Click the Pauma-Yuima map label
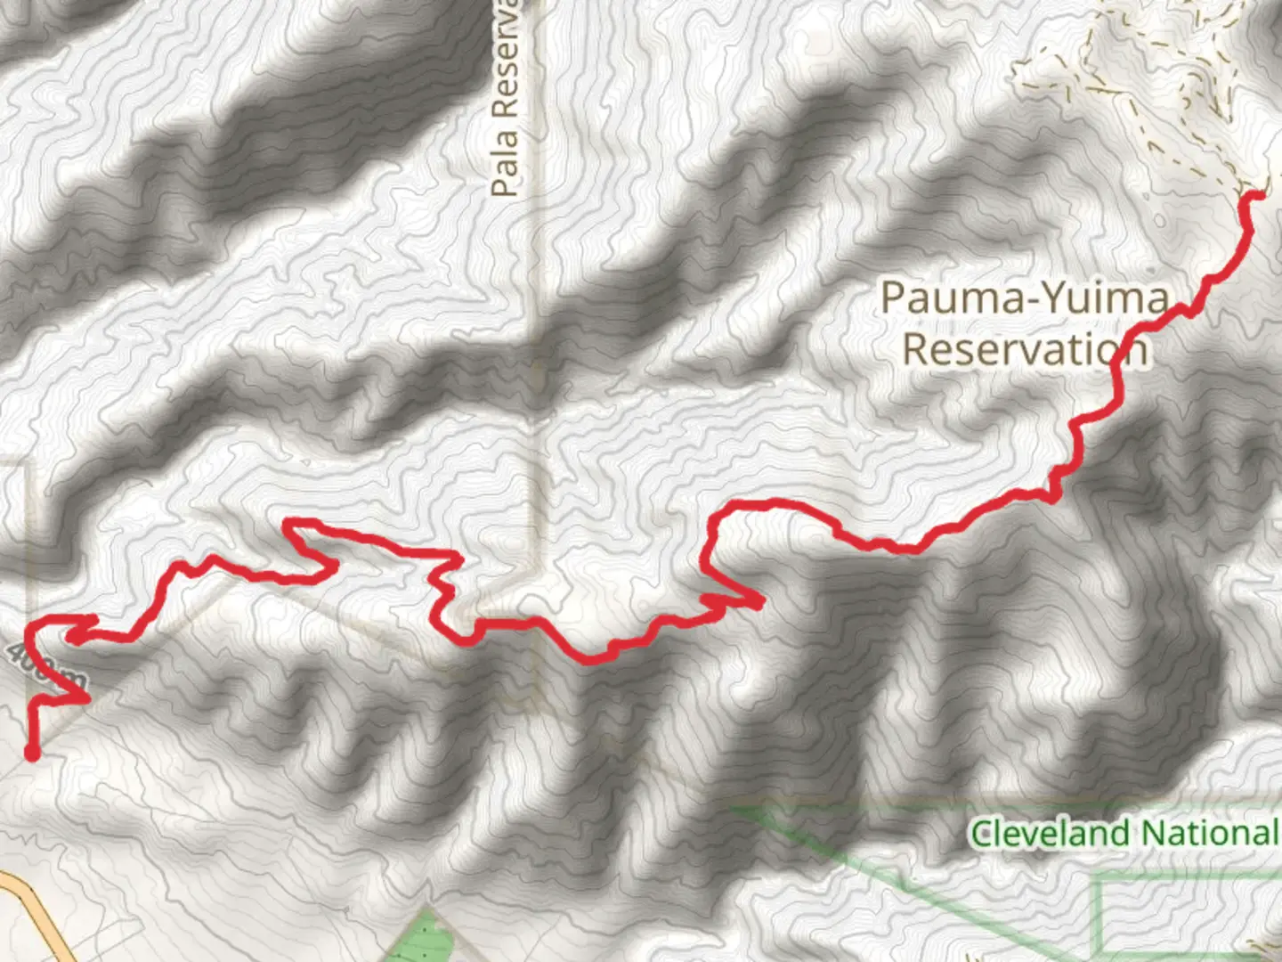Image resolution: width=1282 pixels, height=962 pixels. tap(1024, 298)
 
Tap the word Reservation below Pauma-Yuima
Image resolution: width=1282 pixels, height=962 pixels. tap(1024, 348)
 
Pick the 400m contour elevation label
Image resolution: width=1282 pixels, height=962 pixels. tap(45, 667)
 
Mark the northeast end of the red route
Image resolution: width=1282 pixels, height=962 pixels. tap(1258, 193)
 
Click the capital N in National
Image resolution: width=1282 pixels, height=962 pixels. tap(1152, 834)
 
